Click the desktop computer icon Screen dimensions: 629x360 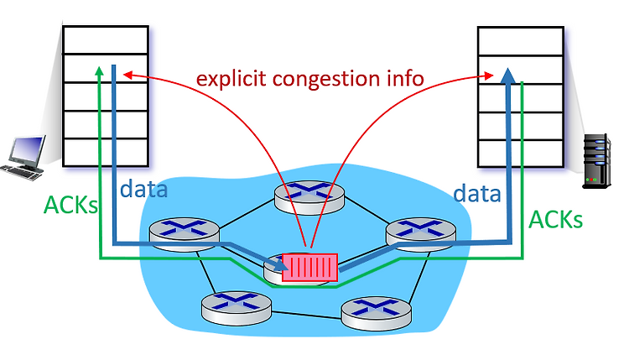click(x=23, y=158)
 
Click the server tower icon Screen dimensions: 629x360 click(x=597, y=161)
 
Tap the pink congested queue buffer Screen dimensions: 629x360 click(x=309, y=268)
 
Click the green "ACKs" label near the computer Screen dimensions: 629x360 click(x=70, y=205)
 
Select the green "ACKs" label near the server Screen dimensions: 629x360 click(x=555, y=220)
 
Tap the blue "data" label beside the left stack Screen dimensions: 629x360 click(x=143, y=189)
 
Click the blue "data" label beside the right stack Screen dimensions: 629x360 click(x=477, y=194)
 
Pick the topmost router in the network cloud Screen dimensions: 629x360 click(x=309, y=197)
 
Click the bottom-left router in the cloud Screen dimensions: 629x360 click(x=237, y=308)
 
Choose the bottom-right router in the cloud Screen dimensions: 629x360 click(x=376, y=314)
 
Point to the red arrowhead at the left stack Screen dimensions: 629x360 click(x=127, y=75)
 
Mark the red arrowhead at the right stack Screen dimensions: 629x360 click(x=489, y=76)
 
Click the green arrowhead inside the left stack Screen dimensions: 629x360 click(x=99, y=70)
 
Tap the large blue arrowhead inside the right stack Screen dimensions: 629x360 click(x=508, y=76)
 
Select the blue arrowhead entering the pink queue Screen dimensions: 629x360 click(x=281, y=264)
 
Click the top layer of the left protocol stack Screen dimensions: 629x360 click(x=106, y=40)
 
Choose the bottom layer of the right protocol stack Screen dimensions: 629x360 click(x=521, y=154)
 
